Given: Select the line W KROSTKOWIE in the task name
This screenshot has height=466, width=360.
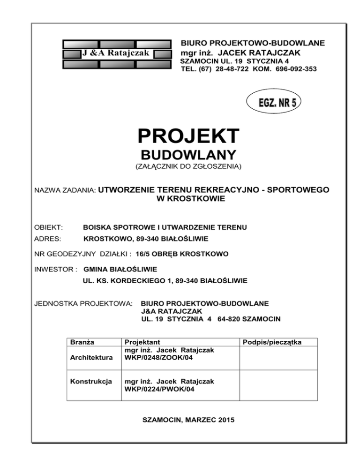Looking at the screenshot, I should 190,199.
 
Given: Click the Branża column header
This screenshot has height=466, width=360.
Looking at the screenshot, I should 80,342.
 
